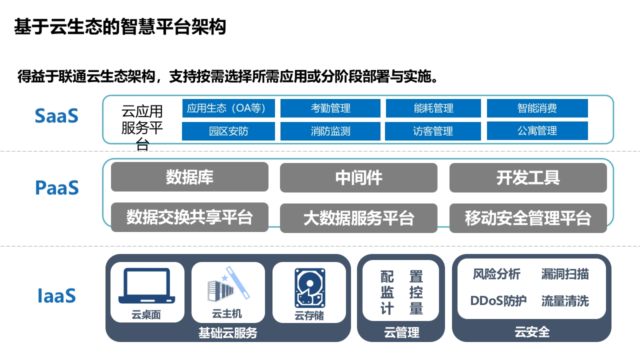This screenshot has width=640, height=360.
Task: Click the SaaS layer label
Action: pyautogui.click(x=56, y=115)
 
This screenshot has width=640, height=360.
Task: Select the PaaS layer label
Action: pyautogui.click(x=57, y=187)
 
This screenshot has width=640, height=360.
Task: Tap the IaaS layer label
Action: pyautogui.click(x=57, y=295)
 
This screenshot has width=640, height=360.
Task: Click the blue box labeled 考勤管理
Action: pyautogui.click(x=330, y=108)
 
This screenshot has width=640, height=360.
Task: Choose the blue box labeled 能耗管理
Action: pyautogui.click(x=433, y=108)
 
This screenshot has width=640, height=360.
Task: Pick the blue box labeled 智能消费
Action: pyautogui.click(x=537, y=108)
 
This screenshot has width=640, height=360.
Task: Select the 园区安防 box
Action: pyautogui.click(x=228, y=131)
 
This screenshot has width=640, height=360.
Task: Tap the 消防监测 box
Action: pyautogui.click(x=330, y=131)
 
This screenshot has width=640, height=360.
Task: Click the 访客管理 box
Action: pyautogui.click(x=433, y=131)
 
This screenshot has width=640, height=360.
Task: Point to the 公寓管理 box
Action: pyautogui.click(x=537, y=131)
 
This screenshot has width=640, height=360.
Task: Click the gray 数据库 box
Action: pyautogui.click(x=189, y=177)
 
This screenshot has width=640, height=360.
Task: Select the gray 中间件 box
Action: pyautogui.click(x=358, y=177)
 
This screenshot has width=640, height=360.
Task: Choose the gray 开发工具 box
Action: pyautogui.click(x=528, y=177)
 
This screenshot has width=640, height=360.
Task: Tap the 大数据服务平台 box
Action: pyautogui.click(x=358, y=218)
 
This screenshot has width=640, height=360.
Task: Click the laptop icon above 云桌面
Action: pyautogui.click(x=147, y=285)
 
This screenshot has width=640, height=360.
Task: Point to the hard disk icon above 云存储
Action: pyautogui.click(x=309, y=288)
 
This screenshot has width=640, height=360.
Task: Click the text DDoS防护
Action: pyautogui.click(x=498, y=300)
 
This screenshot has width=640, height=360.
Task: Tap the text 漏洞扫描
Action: pyautogui.click(x=565, y=274)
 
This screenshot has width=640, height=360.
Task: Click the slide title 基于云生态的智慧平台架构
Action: pyautogui.click(x=120, y=26)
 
